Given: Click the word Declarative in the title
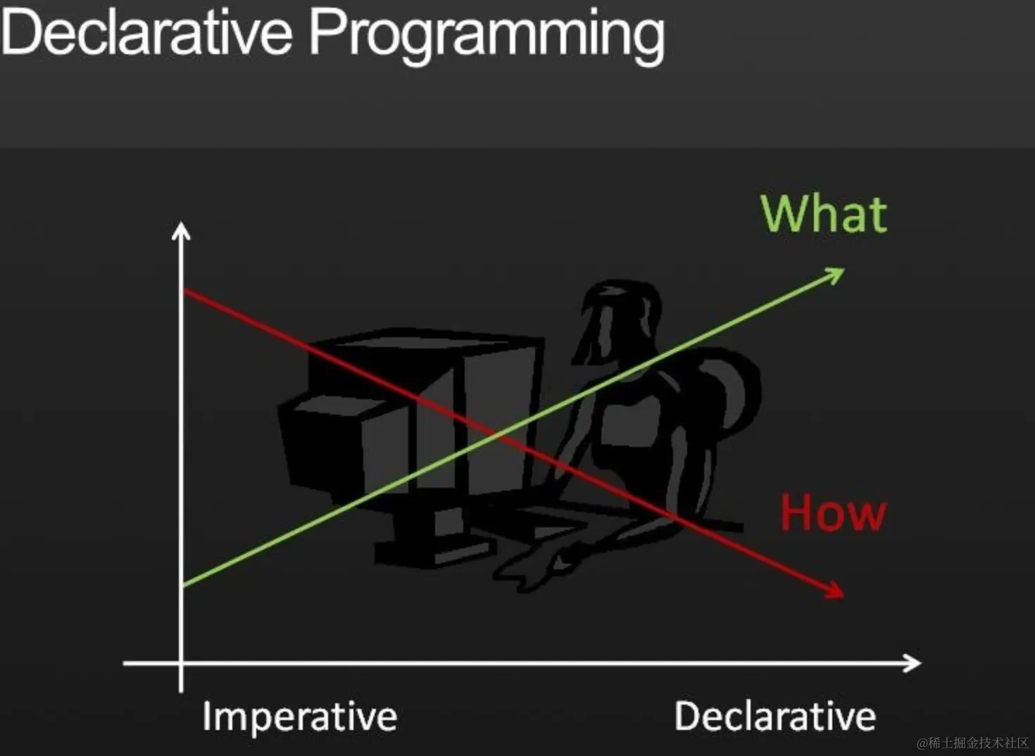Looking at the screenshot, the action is click(x=147, y=32).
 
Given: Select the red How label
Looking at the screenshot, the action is click(x=833, y=512).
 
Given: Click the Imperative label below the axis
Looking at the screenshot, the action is click(x=300, y=717).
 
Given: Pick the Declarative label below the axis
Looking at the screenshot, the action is click(x=775, y=715).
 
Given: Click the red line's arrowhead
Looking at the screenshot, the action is click(x=834, y=591).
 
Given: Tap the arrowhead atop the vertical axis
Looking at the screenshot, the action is click(x=181, y=230).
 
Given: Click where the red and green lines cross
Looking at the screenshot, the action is click(x=496, y=434).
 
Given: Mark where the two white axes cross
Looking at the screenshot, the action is click(x=181, y=663).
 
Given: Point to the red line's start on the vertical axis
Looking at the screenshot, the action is click(x=184, y=290).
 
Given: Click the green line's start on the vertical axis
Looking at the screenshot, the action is click(x=184, y=586).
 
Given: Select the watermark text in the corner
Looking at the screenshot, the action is click(x=972, y=743).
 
